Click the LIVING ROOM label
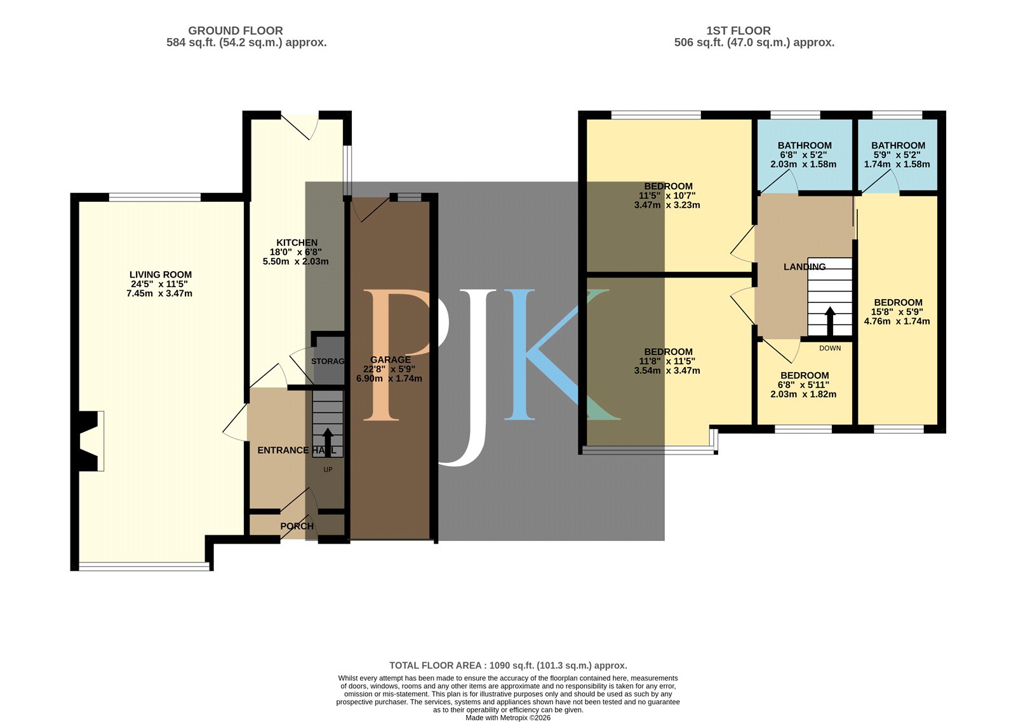161,274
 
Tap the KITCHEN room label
297,243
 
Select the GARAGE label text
391,359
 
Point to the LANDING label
805,267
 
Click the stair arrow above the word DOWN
830,321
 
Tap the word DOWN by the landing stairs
830,349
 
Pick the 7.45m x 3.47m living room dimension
159,293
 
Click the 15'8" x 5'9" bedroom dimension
897,312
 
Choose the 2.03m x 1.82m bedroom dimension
803,394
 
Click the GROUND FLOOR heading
236,31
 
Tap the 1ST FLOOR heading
739,31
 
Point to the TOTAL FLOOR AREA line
508,665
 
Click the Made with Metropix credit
508,718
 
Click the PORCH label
297,526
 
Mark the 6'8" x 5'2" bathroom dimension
803,155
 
